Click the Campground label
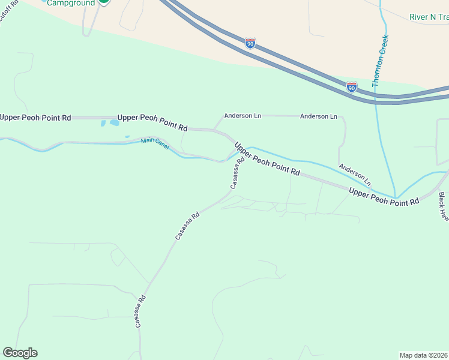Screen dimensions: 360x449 71,3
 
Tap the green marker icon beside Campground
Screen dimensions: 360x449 104,2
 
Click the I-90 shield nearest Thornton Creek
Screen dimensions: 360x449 352,87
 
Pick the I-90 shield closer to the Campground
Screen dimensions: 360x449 250,43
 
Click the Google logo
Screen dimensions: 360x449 20,353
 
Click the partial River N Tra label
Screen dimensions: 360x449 429,17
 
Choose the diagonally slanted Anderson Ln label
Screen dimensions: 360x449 355,174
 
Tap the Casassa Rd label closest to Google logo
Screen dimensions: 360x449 140,311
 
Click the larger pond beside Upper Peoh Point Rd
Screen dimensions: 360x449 112,123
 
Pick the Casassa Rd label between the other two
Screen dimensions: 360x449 187,226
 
